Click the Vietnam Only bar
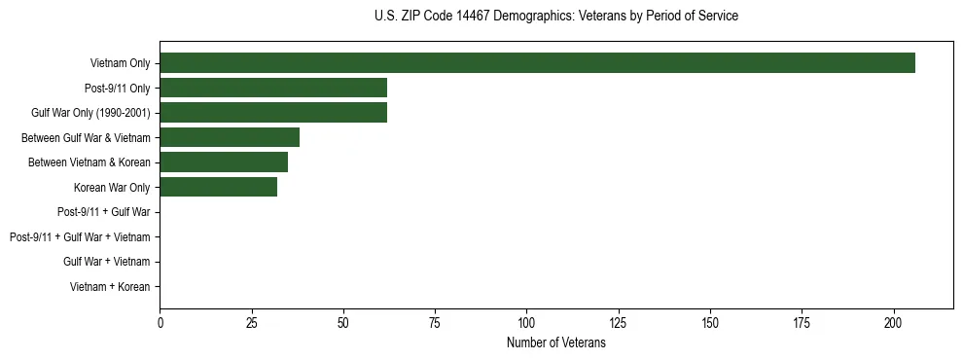[537, 63]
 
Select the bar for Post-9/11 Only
[273, 89]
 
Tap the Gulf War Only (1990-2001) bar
[273, 113]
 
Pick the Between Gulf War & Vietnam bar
[230, 137]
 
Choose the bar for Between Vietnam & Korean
[224, 162]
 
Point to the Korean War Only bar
[218, 187]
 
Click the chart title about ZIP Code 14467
[555, 17]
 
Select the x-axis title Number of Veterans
[555, 343]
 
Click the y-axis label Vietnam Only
[120, 63]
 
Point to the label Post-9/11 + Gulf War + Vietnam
[80, 237]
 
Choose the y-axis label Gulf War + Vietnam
[106, 262]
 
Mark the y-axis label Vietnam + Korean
[110, 287]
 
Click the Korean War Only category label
[112, 187]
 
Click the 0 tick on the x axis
[160, 322]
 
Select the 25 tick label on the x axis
[252, 322]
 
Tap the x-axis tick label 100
[527, 322]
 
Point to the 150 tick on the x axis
[710, 322]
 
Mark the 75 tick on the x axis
[435, 322]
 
